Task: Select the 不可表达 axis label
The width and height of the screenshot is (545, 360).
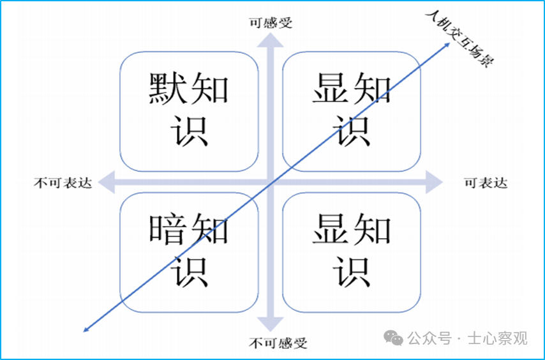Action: (63, 183)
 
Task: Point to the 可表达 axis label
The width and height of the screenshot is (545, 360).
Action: (486, 183)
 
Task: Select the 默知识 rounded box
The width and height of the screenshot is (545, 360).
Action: (189, 111)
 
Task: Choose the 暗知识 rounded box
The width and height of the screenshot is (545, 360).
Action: (189, 253)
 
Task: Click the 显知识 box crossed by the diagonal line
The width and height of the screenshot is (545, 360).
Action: (351, 111)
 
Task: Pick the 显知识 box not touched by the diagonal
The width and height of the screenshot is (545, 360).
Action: (351, 253)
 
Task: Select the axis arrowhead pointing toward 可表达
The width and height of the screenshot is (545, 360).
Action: (435, 183)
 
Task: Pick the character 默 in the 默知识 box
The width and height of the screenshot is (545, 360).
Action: (167, 89)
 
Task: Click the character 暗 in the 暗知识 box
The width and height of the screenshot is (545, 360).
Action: (167, 230)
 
